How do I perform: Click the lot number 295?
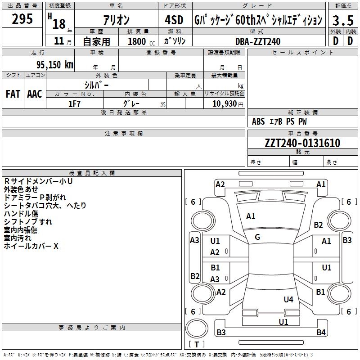click(22, 19)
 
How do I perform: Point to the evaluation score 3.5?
click(342, 21)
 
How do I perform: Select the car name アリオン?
click(117, 20)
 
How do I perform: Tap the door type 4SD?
click(174, 20)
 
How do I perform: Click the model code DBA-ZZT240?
click(257, 41)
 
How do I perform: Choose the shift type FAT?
click(13, 94)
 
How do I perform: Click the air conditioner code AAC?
click(34, 94)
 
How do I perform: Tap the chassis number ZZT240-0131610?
click(302, 143)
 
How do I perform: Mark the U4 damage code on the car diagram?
click(288, 299)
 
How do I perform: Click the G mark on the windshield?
click(257, 237)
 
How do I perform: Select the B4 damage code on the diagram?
click(320, 333)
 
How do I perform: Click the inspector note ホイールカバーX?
click(31, 246)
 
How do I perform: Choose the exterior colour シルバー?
click(96, 85)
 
